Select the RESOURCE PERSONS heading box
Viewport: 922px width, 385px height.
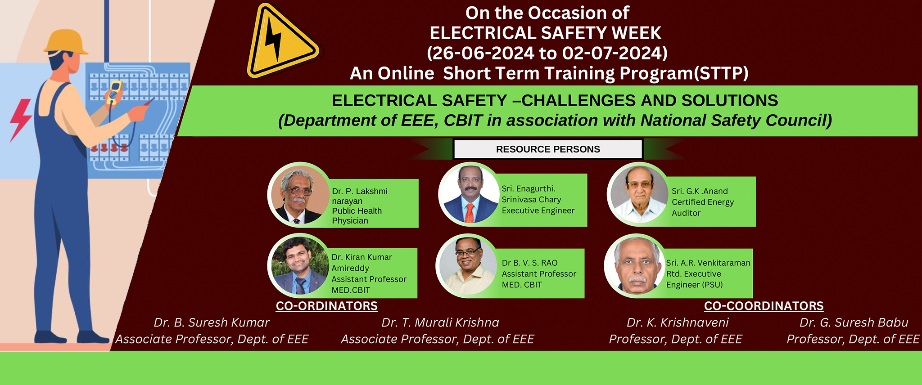click(x=548, y=149)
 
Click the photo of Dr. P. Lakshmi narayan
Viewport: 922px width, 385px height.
click(x=299, y=194)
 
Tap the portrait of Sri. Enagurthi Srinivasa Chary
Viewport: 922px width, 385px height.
click(x=469, y=194)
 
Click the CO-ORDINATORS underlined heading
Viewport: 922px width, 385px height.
click(x=327, y=306)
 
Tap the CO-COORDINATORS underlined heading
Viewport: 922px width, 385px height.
click(x=764, y=306)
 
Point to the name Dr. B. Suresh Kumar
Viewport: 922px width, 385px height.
click(x=212, y=322)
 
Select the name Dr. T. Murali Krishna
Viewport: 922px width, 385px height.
click(x=440, y=322)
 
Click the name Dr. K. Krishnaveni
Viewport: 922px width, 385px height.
click(x=678, y=322)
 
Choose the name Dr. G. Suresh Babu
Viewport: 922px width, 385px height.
click(x=854, y=322)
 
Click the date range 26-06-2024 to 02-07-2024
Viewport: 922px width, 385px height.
click(x=547, y=53)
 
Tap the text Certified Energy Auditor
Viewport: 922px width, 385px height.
click(x=703, y=207)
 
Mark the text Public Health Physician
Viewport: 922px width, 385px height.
click(x=357, y=216)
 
